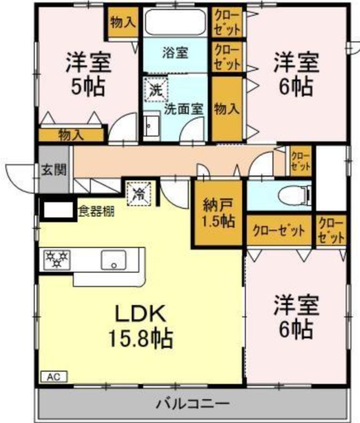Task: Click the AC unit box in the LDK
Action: coord(54,376)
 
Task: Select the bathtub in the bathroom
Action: coord(175,22)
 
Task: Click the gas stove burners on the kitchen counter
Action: coord(57,260)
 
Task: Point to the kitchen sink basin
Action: coord(114,260)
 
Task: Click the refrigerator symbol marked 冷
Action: coord(140,194)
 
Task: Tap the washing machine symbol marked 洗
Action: coord(155,90)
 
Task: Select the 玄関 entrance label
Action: coord(54,170)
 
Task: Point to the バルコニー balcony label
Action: coord(193,403)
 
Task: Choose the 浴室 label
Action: coord(175,52)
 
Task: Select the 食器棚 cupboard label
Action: coord(96,212)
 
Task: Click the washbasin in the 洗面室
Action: coord(152,127)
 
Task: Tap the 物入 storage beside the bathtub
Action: coord(123,21)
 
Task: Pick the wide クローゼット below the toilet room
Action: coord(279,231)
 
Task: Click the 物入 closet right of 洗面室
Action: coord(227,109)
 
